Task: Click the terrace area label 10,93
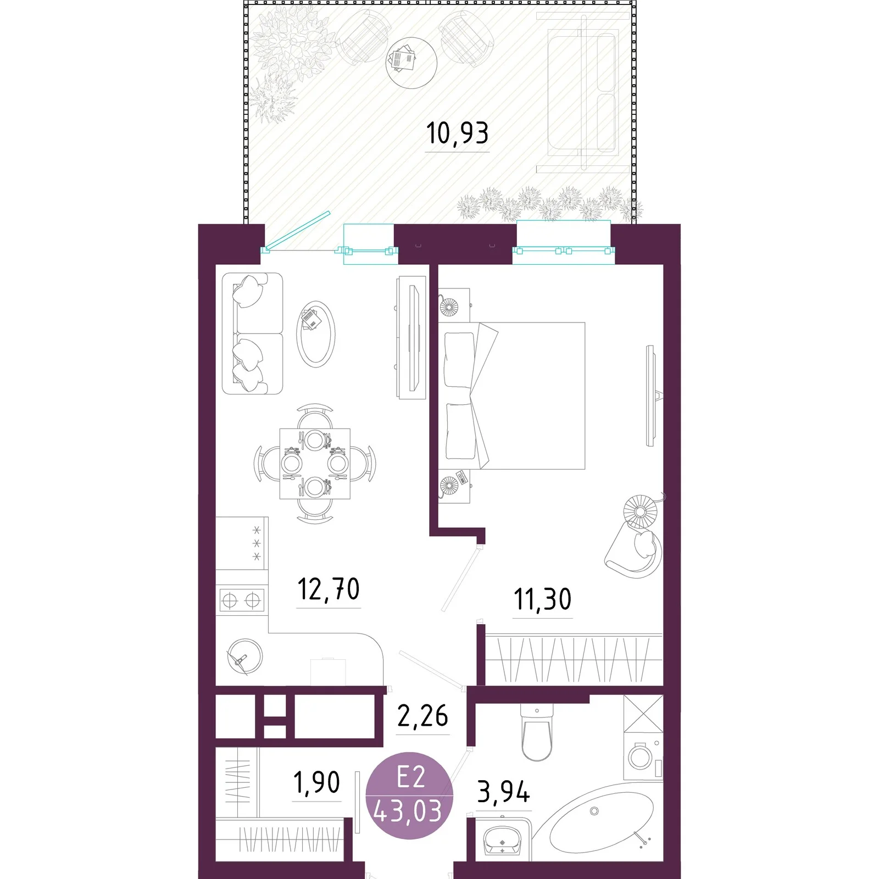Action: pyautogui.click(x=457, y=133)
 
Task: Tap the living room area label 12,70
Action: pyautogui.click(x=329, y=589)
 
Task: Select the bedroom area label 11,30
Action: pyautogui.click(x=542, y=599)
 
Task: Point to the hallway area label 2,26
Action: pyautogui.click(x=422, y=716)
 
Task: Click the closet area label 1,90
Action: pyautogui.click(x=316, y=782)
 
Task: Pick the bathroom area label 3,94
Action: pyautogui.click(x=503, y=792)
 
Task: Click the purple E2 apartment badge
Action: pyautogui.click(x=409, y=795)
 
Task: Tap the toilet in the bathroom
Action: pyautogui.click(x=536, y=733)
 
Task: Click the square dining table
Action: pyautogui.click(x=315, y=464)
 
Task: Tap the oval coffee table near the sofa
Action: pyautogui.click(x=315, y=335)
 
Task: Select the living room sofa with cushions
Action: pyautogui.click(x=252, y=333)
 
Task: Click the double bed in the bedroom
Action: pyautogui.click(x=511, y=396)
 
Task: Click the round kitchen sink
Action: pyautogui.click(x=245, y=656)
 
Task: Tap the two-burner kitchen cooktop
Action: pyautogui.click(x=242, y=600)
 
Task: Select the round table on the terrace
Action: pyautogui.click(x=411, y=63)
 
